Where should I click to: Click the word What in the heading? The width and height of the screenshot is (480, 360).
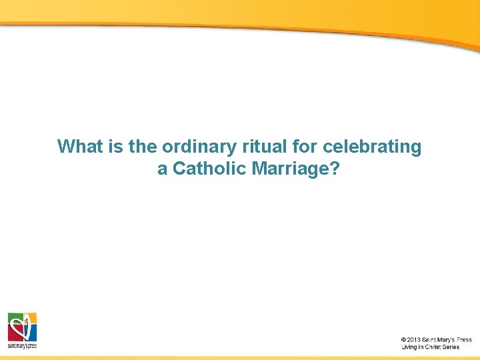point(77,147)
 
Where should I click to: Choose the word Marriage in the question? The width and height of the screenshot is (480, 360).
point(291,169)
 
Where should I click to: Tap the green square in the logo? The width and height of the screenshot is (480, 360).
point(15,319)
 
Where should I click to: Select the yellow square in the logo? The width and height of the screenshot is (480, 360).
point(30,319)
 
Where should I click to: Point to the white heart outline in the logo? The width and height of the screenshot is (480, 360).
point(22,327)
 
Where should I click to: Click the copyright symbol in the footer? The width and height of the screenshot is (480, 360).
point(403,340)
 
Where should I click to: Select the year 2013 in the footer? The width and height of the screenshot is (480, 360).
point(413,340)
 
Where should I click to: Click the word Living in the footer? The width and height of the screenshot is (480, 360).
point(409,347)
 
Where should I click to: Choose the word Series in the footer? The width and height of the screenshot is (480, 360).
point(451,347)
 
